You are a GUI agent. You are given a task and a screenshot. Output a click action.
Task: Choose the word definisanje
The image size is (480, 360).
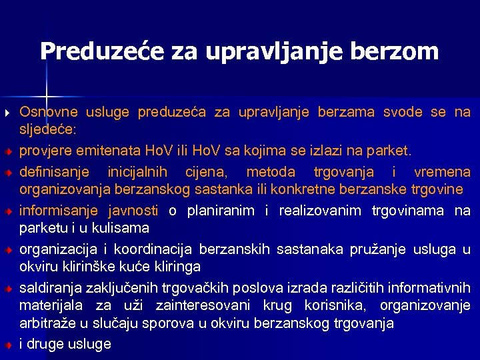pos(52,173)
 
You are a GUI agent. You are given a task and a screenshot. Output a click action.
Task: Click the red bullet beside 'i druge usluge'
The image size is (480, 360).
pos(7,345)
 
